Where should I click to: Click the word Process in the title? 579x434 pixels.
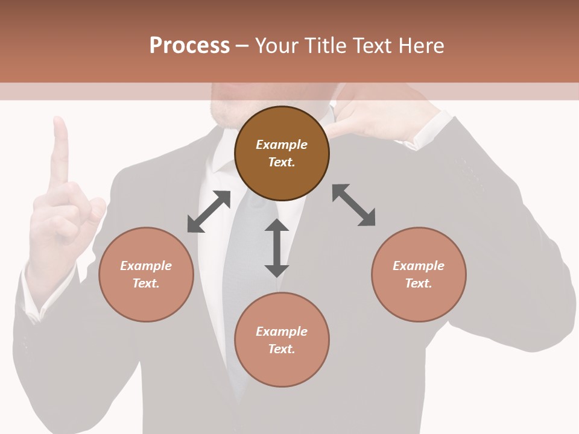(189, 46)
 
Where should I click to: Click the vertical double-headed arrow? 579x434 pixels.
(277, 248)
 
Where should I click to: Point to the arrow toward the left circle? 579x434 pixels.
(209, 212)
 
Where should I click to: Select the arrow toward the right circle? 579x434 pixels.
(354, 205)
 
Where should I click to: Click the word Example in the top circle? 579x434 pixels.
(282, 145)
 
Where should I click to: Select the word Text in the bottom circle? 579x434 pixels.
(282, 349)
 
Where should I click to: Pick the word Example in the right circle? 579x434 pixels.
(419, 266)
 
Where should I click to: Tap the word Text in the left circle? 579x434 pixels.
(146, 283)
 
